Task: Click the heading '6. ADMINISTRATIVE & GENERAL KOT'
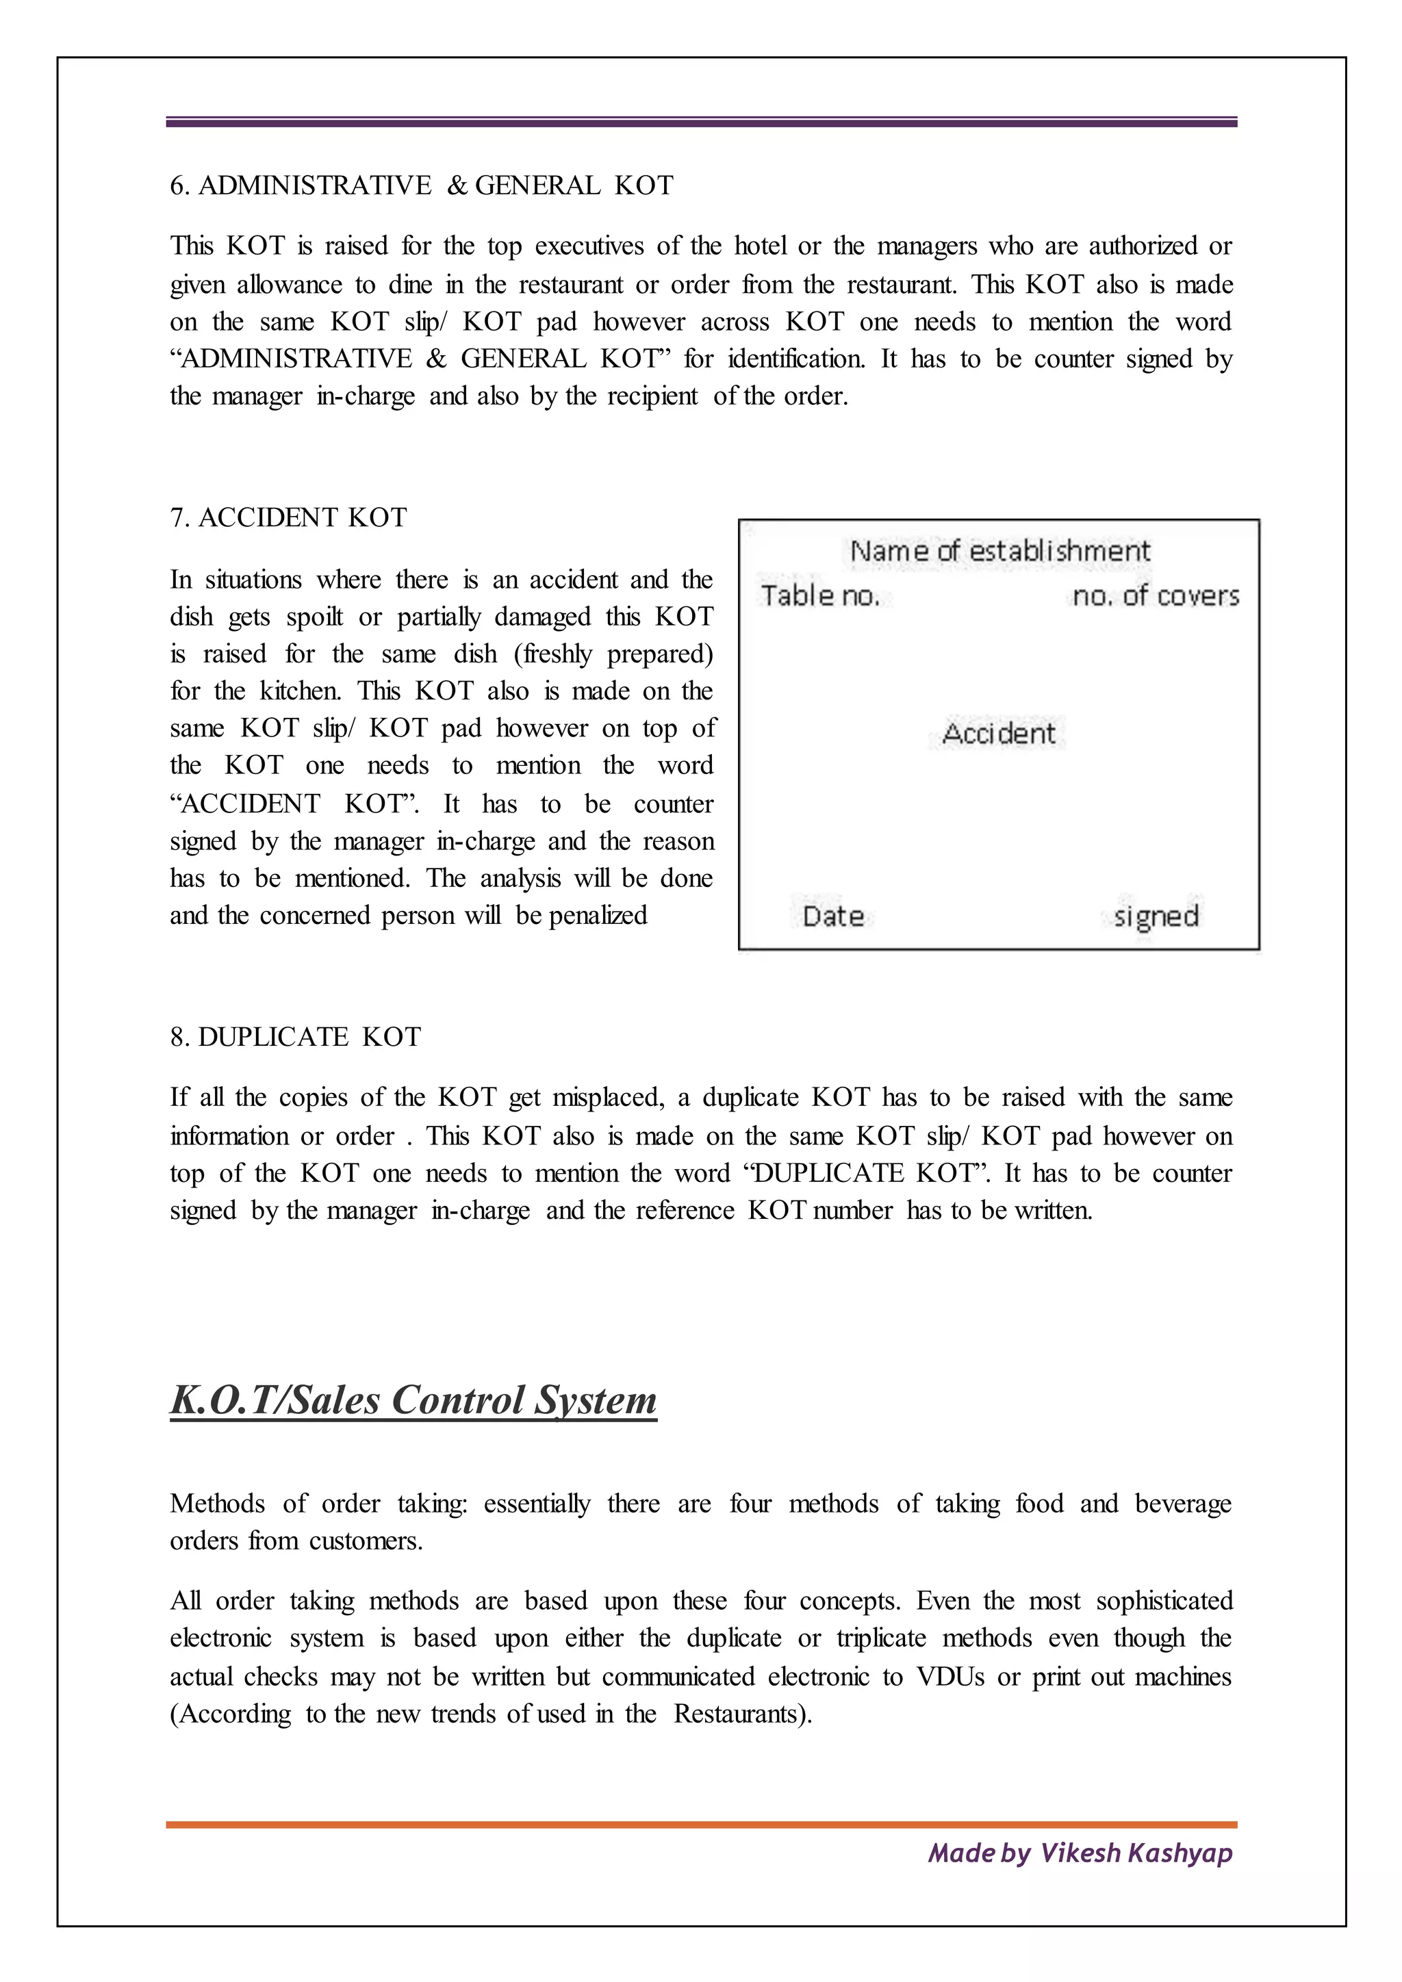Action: coord(421,185)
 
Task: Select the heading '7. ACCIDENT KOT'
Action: coord(288,518)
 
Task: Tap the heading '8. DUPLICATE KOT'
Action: coord(295,1037)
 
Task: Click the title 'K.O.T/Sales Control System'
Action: coord(413,1400)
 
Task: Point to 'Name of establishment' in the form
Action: coord(999,551)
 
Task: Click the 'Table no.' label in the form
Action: coord(820,595)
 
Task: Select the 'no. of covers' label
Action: coord(1155,595)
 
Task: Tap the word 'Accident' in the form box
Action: coord(999,734)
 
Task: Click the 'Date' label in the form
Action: coord(833,916)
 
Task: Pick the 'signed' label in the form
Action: coord(1156,916)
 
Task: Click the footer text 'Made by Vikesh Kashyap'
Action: coord(1080,1853)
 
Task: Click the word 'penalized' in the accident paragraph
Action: coord(598,916)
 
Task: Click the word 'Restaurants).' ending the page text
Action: coord(743,1714)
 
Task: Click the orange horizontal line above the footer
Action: coord(701,1825)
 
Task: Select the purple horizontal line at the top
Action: coord(701,123)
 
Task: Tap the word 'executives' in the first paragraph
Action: coord(588,247)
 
